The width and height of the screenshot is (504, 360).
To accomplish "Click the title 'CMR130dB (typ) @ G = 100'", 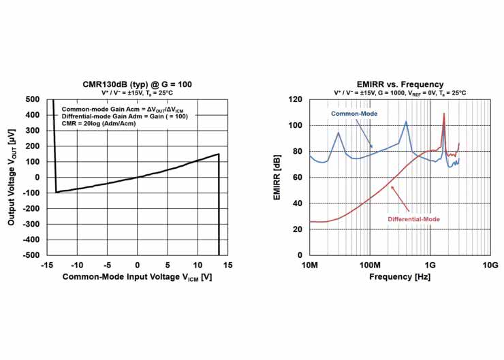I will pos(136,84).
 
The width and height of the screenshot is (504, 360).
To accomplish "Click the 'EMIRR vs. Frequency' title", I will pos(400,84).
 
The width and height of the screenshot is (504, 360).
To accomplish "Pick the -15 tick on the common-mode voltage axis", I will pos(46,265).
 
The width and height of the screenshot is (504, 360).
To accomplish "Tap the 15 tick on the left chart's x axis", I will pos(227,265).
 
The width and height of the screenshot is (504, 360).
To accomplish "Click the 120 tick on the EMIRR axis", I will pos(295,99).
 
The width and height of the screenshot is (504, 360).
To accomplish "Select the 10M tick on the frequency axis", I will pos(310,265).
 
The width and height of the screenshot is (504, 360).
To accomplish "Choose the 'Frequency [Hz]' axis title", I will pos(400,278).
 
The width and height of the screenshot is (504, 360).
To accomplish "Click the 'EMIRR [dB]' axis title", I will pos(277,178).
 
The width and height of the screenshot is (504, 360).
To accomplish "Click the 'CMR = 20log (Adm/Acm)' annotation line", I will pos(100,125).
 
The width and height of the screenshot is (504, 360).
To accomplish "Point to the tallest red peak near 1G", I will pos(444,114).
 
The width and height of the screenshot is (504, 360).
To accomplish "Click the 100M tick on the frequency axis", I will pos(370,265).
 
